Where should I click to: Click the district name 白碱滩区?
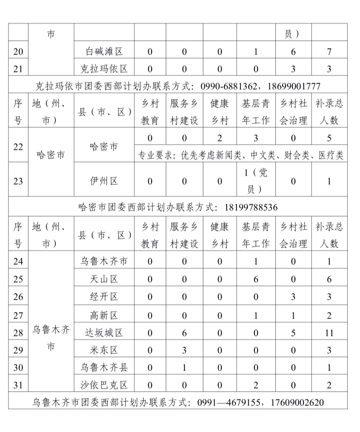click(104, 51)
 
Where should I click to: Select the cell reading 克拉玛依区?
click(104, 69)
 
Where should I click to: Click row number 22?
click(18, 147)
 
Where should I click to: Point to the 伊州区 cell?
click(104, 181)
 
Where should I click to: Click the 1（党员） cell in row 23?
click(256, 181)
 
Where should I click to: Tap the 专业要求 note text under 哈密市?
click(241, 155)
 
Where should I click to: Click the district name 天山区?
click(104, 279)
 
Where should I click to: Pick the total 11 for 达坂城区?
click(329, 333)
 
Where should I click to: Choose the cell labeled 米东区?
click(104, 350)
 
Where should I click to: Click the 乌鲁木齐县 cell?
click(104, 367)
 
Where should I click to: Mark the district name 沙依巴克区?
click(104, 385)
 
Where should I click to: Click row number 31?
click(18, 385)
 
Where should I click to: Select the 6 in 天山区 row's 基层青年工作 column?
click(256, 279)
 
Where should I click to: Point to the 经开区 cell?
click(104, 297)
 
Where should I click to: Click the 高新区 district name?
click(104, 315)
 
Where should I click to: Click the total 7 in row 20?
click(329, 51)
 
